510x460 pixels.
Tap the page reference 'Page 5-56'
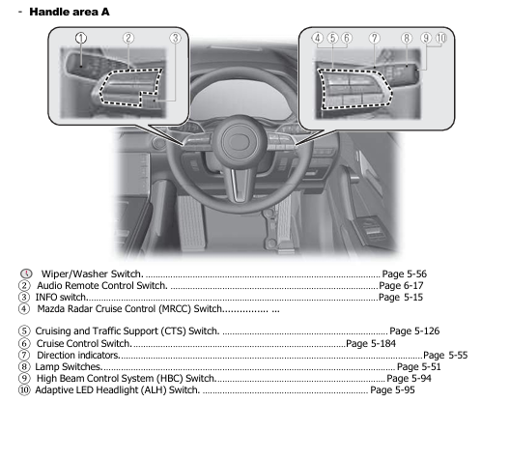405,274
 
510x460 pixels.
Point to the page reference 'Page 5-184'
371,343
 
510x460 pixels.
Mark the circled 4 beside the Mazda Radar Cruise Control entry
24,309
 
